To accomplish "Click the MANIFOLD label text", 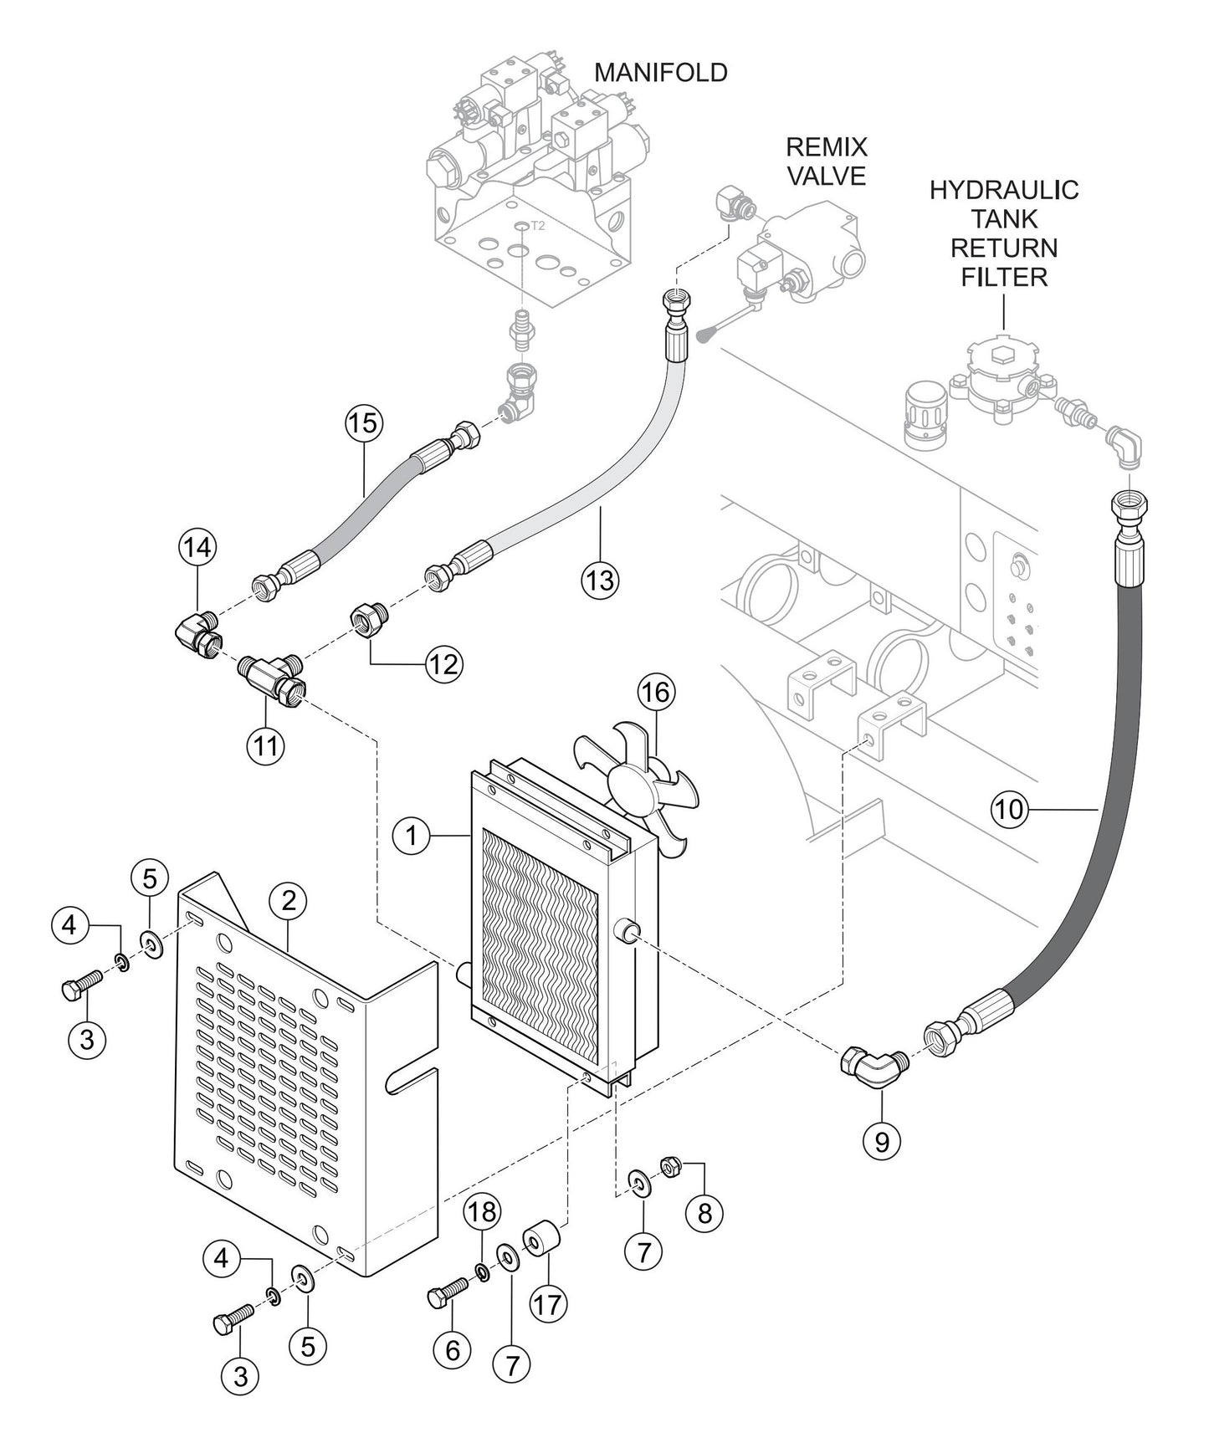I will coord(660,73).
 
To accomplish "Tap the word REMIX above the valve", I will coord(826,147).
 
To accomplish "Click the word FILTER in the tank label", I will coord(1003,277).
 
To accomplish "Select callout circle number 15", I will coord(363,423).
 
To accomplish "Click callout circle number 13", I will coord(601,579).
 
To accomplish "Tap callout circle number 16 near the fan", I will coord(657,693).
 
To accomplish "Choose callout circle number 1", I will coord(411,835).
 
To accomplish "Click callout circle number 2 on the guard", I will coord(289,900).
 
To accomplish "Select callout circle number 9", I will coord(882,1141).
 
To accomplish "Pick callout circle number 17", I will coord(549,1303).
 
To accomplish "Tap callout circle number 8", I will coord(704,1212).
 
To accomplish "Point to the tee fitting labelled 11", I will coord(269,674).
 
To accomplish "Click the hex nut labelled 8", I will coord(669,1164).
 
